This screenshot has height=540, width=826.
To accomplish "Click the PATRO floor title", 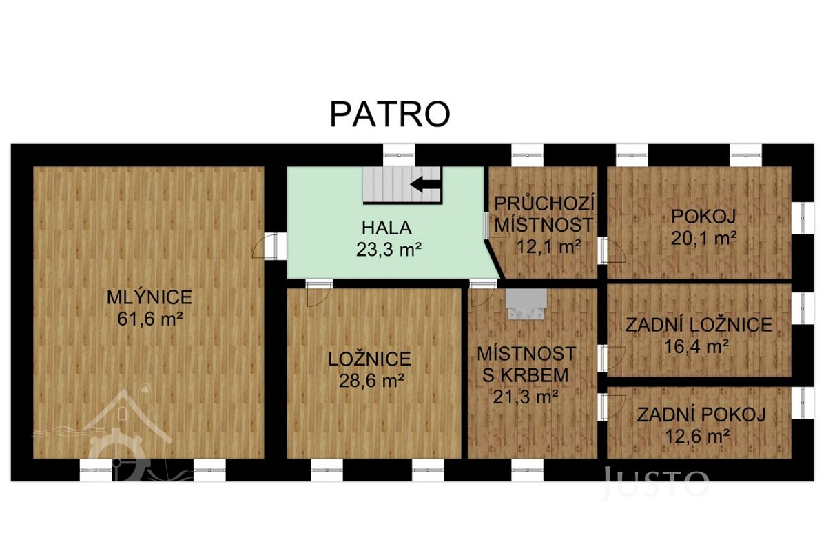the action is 390,114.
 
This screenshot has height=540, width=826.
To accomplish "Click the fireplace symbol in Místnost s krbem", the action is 526,303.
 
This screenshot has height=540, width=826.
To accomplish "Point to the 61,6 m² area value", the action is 149,319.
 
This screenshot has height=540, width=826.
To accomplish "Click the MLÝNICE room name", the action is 149,297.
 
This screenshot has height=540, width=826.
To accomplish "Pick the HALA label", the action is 386,228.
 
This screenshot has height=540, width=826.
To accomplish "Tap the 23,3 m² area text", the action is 389,250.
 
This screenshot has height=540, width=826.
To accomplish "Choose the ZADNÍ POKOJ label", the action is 701,415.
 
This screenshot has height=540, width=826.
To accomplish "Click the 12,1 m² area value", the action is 549,246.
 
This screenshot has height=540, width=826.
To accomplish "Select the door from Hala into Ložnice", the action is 319,293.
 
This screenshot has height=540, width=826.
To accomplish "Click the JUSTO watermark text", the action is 655,482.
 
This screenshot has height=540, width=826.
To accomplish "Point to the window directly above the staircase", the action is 399,155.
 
